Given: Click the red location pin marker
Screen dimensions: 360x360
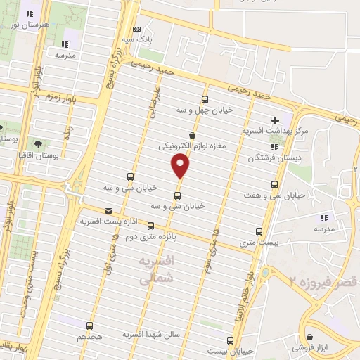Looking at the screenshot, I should pos(181,166).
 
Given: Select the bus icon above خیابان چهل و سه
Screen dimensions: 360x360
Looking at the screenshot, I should pos(205,99).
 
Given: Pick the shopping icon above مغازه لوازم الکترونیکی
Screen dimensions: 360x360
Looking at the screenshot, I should pos(192,135).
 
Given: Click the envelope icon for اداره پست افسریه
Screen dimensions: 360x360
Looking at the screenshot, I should pos(108,210).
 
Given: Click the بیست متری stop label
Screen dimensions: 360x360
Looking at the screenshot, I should pos(259,242).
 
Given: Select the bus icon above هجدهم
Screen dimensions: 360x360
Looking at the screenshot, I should pos(89,326).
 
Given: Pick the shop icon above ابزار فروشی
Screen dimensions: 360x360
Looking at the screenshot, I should pos(309,335).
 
